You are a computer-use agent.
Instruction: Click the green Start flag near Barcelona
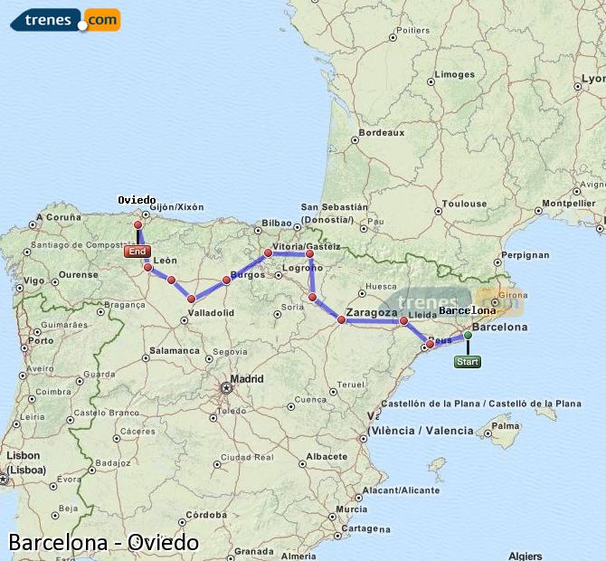click(468, 362)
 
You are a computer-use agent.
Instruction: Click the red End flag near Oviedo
click(137, 252)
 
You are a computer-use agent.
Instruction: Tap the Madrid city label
click(247, 379)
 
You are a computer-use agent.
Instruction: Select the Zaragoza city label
click(372, 312)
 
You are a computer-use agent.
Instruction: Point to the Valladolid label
click(211, 312)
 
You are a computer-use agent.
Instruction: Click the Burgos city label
click(248, 274)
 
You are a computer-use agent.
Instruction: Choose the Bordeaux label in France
click(381, 132)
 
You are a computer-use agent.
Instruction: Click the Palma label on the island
click(507, 424)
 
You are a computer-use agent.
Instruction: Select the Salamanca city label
click(175, 350)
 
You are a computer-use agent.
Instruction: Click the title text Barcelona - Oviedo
click(103, 542)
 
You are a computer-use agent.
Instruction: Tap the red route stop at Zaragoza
click(342, 319)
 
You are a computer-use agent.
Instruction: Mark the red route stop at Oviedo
click(138, 225)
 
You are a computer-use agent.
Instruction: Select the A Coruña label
click(59, 218)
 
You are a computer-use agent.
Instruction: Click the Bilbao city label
click(277, 223)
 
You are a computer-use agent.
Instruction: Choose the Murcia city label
click(349, 509)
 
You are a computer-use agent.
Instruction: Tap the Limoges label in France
click(454, 75)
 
